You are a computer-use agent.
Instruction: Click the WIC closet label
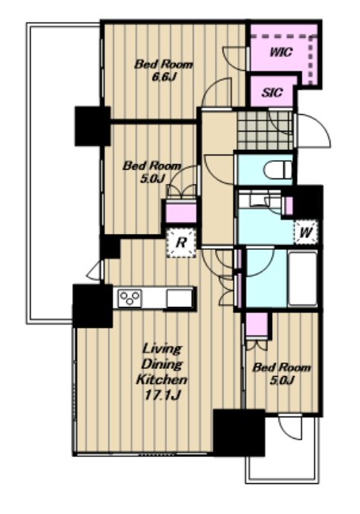[x=281, y=52]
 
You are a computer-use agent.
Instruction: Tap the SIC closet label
[x=272, y=93]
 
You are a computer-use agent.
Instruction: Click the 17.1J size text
[x=163, y=395]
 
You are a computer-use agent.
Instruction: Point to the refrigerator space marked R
[x=181, y=243]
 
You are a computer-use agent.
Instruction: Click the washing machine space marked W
[x=305, y=232]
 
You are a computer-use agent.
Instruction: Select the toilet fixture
[x=278, y=170]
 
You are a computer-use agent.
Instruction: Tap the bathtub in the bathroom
[x=302, y=278]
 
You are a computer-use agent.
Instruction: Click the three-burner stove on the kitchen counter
[x=130, y=298]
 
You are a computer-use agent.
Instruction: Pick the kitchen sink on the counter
[x=179, y=298]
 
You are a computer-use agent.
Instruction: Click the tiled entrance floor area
[x=265, y=130]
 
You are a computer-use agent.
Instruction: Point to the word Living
[x=162, y=350]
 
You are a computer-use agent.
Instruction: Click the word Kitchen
[x=162, y=380]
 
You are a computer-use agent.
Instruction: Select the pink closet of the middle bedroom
[x=181, y=212]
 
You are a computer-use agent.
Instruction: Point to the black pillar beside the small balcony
[x=239, y=432]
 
